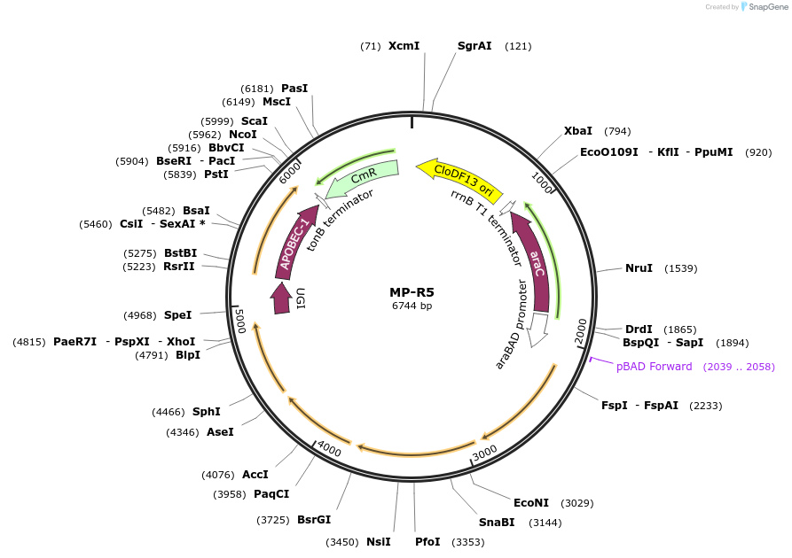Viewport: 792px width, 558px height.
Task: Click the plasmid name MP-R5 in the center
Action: [412, 291]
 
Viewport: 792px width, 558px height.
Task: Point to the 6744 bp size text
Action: [412, 306]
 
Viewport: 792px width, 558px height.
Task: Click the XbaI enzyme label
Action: [578, 131]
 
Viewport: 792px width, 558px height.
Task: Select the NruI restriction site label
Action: [639, 267]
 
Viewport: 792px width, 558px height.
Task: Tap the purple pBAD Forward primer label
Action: [654, 367]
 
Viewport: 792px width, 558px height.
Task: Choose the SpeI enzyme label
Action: [177, 314]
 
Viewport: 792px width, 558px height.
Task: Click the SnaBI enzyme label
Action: [497, 523]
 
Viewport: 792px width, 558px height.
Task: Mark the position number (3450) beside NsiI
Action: [341, 542]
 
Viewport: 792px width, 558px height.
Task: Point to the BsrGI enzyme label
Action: [314, 520]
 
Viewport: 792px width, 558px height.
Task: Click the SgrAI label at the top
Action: [474, 45]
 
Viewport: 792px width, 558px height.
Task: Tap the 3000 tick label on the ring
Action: [484, 453]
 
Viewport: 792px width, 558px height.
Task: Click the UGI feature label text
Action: [301, 299]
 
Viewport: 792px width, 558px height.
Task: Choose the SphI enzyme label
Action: [206, 411]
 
